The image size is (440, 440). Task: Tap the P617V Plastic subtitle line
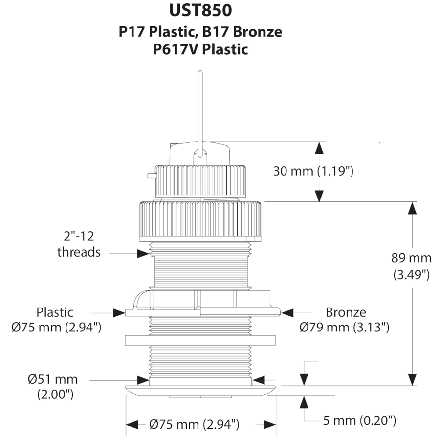tap(200, 49)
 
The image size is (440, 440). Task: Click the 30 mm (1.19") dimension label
tap(313, 171)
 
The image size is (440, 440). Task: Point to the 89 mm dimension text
tap(412, 258)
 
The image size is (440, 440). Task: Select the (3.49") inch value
tap(412, 275)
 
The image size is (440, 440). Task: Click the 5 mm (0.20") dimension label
tap(359, 420)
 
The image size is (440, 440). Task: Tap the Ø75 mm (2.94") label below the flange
tap(194, 425)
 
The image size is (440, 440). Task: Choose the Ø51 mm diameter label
tap(53, 379)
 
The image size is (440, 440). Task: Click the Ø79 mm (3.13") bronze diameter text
tap(344, 327)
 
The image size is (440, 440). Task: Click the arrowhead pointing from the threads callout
tap(143, 253)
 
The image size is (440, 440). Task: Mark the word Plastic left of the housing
tap(55, 312)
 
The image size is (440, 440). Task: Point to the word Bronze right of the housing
tap(346, 312)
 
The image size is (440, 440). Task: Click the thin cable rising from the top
tap(200, 108)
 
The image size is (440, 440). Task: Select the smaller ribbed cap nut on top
tap(200, 181)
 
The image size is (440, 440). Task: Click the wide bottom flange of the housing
tap(200, 389)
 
